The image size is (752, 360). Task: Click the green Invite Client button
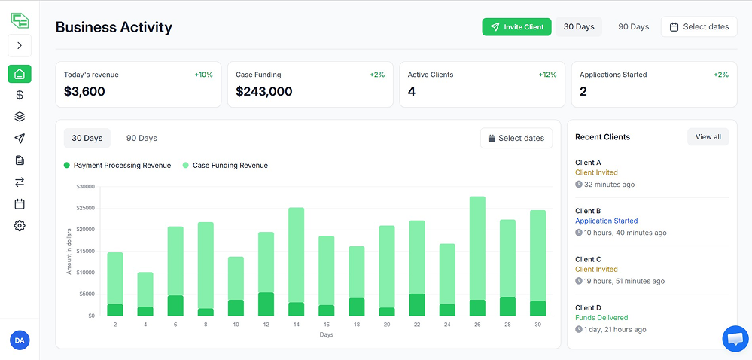click(516, 27)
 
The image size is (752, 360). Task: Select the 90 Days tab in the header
click(633, 27)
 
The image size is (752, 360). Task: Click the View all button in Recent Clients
click(708, 137)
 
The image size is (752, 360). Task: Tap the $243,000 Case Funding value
click(263, 92)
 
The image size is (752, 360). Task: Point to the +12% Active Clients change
click(547, 75)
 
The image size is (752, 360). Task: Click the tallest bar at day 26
click(477, 249)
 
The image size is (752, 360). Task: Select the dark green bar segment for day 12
click(266, 304)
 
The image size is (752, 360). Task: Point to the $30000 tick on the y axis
click(85, 186)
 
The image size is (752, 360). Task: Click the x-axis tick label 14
click(296, 325)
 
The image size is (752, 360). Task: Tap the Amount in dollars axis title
click(69, 251)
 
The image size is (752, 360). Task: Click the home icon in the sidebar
click(20, 74)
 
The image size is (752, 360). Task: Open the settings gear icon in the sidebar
click(20, 225)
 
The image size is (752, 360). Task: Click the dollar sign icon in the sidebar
click(20, 95)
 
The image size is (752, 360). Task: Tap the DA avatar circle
click(20, 341)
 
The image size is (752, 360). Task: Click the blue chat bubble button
click(735, 339)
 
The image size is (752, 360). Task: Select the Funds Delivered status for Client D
click(601, 318)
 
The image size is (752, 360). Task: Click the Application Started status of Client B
click(606, 221)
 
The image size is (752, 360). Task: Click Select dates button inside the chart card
click(516, 139)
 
